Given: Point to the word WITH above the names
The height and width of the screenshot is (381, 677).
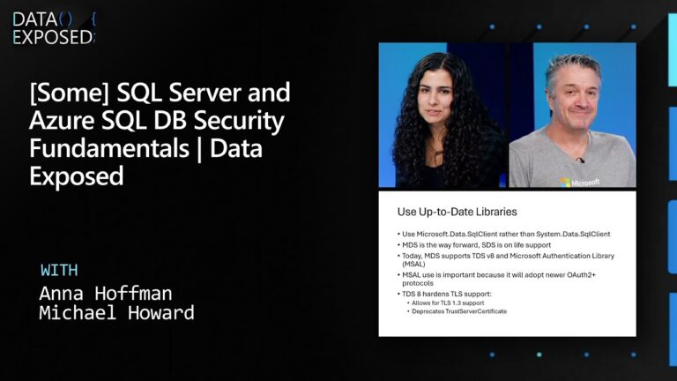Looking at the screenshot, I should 60,270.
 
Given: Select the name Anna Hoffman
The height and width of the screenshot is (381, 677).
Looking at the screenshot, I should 105,293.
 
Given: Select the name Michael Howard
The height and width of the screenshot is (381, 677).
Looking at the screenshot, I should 116,313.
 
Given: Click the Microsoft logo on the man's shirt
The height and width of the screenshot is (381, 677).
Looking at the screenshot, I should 580,182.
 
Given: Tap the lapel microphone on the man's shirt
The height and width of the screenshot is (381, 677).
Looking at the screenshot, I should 579,160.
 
